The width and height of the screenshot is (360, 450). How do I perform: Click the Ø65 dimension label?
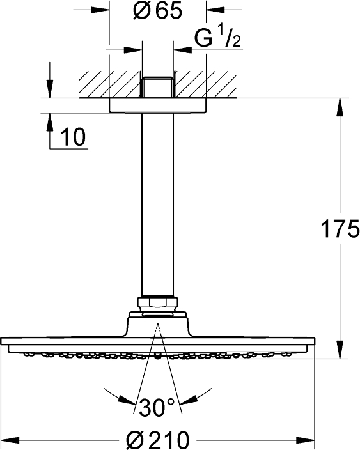tap(157, 11)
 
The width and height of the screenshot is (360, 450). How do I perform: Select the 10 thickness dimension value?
tap(73, 137)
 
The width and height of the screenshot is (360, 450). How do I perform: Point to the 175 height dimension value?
tap(340, 229)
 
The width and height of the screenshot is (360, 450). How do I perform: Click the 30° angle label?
tap(157, 407)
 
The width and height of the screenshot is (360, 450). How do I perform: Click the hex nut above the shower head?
tap(157, 304)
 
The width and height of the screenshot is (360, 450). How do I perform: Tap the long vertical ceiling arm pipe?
tap(157, 205)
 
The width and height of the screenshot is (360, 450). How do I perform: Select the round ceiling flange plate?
tap(157, 105)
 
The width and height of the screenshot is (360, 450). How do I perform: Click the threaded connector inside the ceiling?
tap(157, 87)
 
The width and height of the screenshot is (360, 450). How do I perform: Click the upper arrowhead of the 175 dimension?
tap(340, 107)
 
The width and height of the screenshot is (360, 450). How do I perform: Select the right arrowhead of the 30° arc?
tap(189, 400)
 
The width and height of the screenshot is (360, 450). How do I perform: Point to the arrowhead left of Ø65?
tap(100, 10)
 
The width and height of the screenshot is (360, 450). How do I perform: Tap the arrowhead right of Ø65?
tap(215, 10)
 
